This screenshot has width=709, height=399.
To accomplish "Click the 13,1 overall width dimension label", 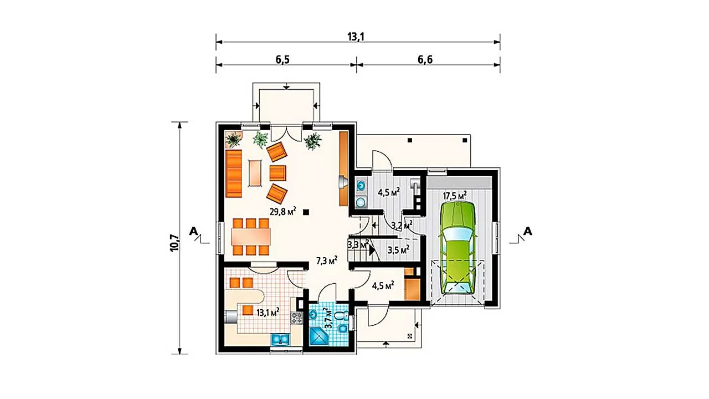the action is [x=356, y=37].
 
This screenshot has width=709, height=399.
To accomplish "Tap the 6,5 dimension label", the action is [x=282, y=59].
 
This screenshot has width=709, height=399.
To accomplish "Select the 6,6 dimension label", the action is [x=425, y=59].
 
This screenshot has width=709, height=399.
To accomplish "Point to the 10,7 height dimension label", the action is [x=174, y=243].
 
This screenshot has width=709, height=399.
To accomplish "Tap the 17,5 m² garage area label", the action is [x=455, y=196].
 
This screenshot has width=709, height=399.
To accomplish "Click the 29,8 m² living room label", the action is [x=282, y=211].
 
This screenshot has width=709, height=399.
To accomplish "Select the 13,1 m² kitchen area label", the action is [x=268, y=313].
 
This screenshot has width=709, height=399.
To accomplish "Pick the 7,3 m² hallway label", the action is [x=327, y=260].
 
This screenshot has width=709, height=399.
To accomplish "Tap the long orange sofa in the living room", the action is [x=234, y=173].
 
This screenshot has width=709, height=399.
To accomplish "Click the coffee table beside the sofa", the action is [x=255, y=173].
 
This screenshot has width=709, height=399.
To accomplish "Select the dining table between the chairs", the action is [x=251, y=237].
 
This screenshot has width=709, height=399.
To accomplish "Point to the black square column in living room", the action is [x=306, y=212].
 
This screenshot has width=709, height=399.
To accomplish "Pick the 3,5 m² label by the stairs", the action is [x=398, y=250].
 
